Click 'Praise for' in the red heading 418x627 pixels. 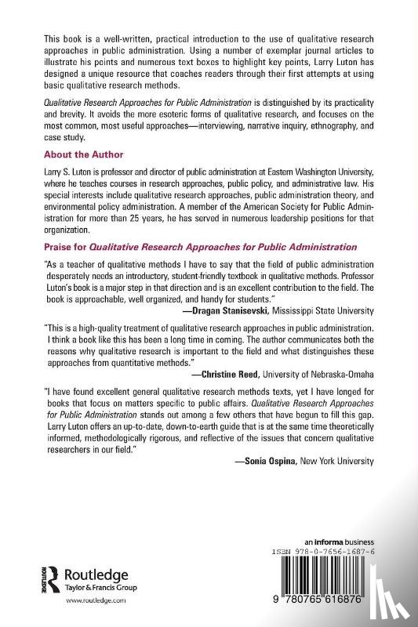pos(65,247)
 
